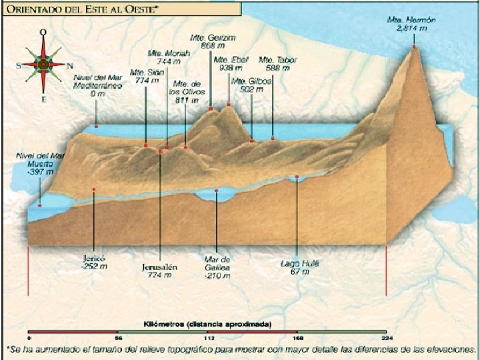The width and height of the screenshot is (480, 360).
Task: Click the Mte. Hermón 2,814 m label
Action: (411, 25)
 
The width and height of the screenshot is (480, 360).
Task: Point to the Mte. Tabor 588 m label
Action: (277, 63)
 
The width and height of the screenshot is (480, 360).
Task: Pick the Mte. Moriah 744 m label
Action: (164, 57)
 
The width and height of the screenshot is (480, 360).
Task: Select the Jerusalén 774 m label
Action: (159, 269)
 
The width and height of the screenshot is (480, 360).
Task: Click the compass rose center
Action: (43, 65)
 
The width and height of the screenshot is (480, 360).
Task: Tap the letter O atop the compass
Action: (43, 31)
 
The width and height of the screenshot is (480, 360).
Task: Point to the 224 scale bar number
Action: (386, 338)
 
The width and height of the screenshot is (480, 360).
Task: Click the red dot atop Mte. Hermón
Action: (414, 47)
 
